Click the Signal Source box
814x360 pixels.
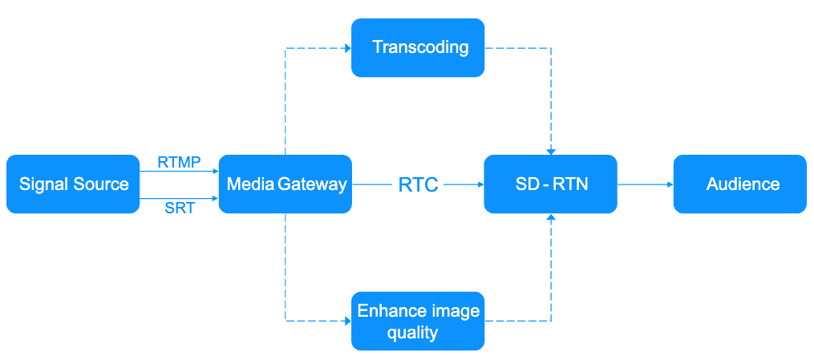pyautogui.click(x=73, y=184)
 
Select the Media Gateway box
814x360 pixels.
pyautogui.click(x=286, y=184)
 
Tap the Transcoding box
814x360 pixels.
pyautogui.click(x=418, y=48)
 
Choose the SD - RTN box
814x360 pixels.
pyautogui.click(x=551, y=184)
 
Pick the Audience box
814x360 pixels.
pyautogui.click(x=739, y=184)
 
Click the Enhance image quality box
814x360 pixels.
pyautogui.click(x=418, y=321)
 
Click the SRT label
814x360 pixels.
pyautogui.click(x=180, y=209)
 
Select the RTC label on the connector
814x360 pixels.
pyautogui.click(x=418, y=185)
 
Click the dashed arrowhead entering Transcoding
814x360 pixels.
pyautogui.click(x=347, y=48)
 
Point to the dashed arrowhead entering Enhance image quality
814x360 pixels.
pyautogui.click(x=347, y=321)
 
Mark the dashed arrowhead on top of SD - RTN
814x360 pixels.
pyautogui.click(x=551, y=151)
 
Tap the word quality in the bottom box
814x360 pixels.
pyautogui.click(x=412, y=332)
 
